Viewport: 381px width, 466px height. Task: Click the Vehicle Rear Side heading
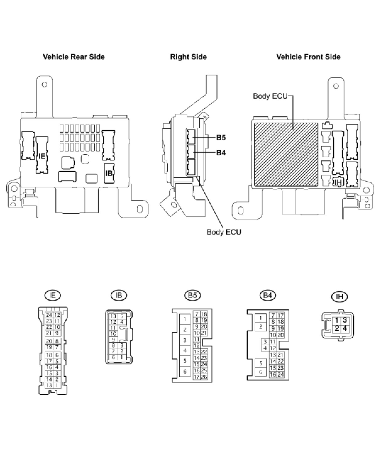[74, 57]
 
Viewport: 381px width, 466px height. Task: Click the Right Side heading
[188, 57]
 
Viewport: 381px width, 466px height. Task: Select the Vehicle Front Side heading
[308, 57]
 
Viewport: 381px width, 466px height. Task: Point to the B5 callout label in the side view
[221, 138]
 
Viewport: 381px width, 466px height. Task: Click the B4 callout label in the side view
[221, 153]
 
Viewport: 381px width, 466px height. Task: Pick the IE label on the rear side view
[41, 156]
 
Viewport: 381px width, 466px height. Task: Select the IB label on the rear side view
[109, 173]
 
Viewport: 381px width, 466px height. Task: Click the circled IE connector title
[52, 295]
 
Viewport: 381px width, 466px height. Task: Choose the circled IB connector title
[119, 295]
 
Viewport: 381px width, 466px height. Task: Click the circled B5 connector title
[192, 295]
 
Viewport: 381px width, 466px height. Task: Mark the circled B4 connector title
[268, 295]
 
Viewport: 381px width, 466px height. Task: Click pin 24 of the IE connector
[49, 315]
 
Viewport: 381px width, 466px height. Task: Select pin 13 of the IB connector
[113, 316]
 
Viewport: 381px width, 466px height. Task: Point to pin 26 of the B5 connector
[204, 377]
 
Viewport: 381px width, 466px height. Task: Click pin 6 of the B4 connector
[260, 372]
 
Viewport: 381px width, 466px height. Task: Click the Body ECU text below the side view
[224, 232]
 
